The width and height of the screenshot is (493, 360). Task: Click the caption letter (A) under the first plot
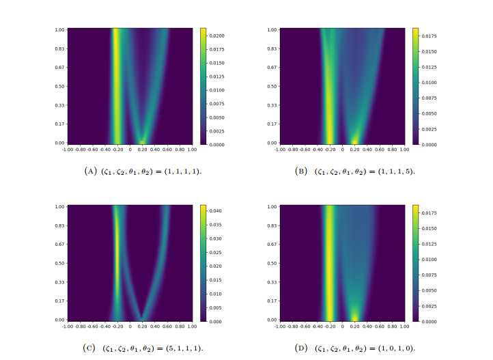pyautogui.click(x=89, y=171)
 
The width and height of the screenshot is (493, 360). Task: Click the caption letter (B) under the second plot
pyautogui.click(x=301, y=171)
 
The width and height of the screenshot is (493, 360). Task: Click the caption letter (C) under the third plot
pyautogui.click(x=89, y=348)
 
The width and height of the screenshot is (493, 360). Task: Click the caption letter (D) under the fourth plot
pyautogui.click(x=301, y=348)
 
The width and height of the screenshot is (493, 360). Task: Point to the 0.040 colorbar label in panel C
pyautogui.click(x=216, y=211)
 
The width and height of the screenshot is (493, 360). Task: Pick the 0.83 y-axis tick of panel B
pyautogui.click(x=272, y=49)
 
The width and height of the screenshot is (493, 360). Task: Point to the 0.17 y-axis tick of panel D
pyautogui.click(x=272, y=301)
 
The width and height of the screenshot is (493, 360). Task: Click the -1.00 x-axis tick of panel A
pyautogui.click(x=68, y=148)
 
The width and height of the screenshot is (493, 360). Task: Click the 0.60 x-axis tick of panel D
pyautogui.click(x=380, y=325)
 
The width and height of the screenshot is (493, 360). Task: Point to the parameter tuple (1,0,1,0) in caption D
pyautogui.click(x=396, y=348)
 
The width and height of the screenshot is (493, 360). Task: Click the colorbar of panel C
pyautogui.click(x=203, y=262)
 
